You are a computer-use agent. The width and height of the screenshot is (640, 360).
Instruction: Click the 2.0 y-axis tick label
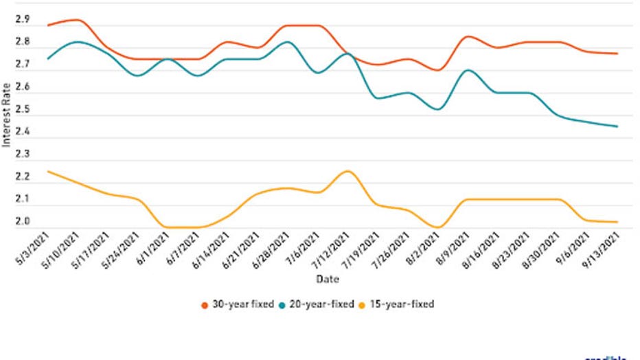tap(22, 222)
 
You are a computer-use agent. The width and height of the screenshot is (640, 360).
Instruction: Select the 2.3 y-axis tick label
tap(22, 155)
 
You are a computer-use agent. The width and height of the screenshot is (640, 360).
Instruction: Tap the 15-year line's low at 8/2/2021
tap(438, 227)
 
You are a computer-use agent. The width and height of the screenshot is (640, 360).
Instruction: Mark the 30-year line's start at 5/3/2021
tap(47, 25)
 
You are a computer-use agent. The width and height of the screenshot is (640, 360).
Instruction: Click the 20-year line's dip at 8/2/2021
tap(438, 109)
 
